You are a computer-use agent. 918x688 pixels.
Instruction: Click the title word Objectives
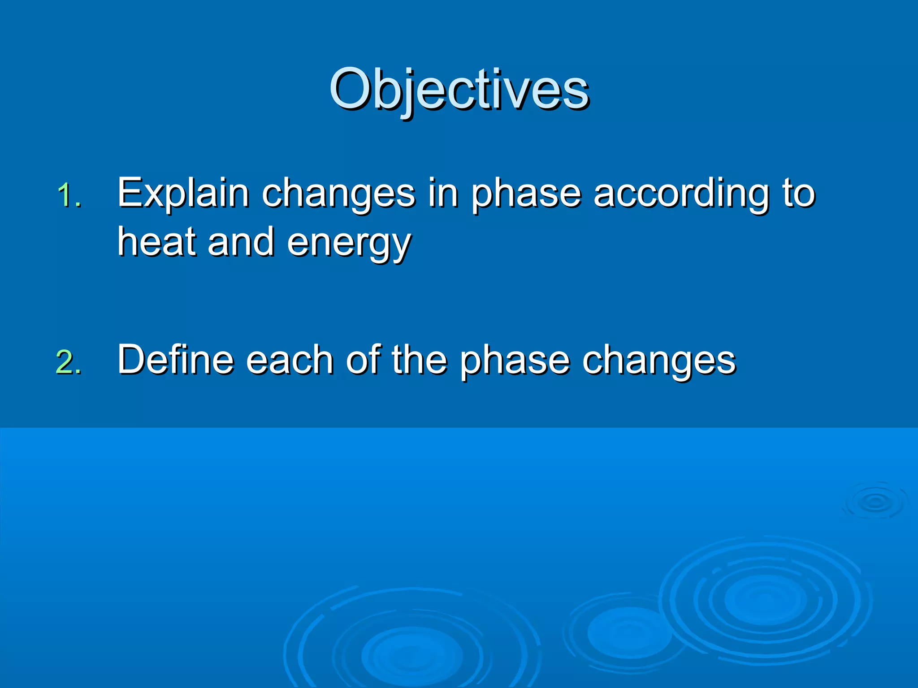pyautogui.click(x=459, y=90)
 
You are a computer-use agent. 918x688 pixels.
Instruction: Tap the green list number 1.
pyautogui.click(x=69, y=196)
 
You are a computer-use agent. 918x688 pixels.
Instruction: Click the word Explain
pyautogui.click(x=183, y=193)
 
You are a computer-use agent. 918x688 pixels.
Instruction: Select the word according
pyautogui.click(x=681, y=193)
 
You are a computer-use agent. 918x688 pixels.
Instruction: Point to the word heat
pyautogui.click(x=157, y=242)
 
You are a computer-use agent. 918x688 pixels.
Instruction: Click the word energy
pyautogui.click(x=349, y=244)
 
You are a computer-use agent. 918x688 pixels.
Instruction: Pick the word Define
pyautogui.click(x=176, y=359)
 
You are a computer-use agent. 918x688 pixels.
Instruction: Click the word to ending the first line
pyautogui.click(x=799, y=193)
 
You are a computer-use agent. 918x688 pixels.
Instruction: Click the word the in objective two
pyautogui.click(x=419, y=359)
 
